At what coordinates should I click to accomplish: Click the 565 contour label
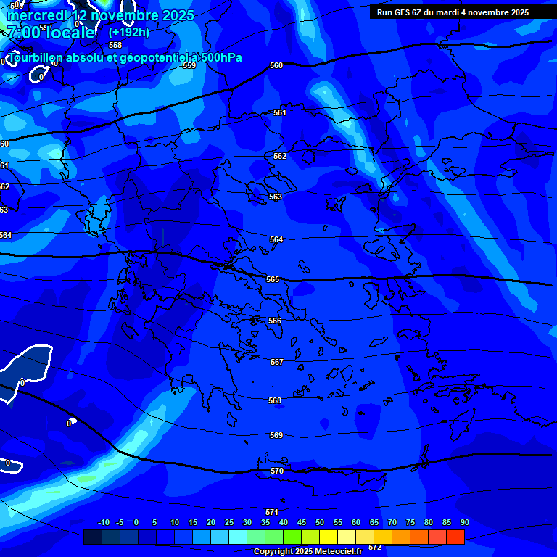click(273, 279)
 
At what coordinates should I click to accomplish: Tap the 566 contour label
click(275, 321)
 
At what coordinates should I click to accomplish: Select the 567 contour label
click(276, 362)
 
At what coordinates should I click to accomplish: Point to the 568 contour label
click(275, 400)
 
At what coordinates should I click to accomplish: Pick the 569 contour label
click(276, 435)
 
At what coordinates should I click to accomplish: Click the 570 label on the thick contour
click(277, 471)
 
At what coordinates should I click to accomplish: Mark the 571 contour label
click(272, 512)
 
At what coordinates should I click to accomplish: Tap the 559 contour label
click(189, 65)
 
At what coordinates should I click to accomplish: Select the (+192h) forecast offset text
click(129, 32)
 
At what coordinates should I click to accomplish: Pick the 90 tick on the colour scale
click(464, 522)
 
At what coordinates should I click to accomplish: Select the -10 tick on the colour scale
click(103, 522)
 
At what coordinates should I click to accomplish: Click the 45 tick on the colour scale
click(302, 522)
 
